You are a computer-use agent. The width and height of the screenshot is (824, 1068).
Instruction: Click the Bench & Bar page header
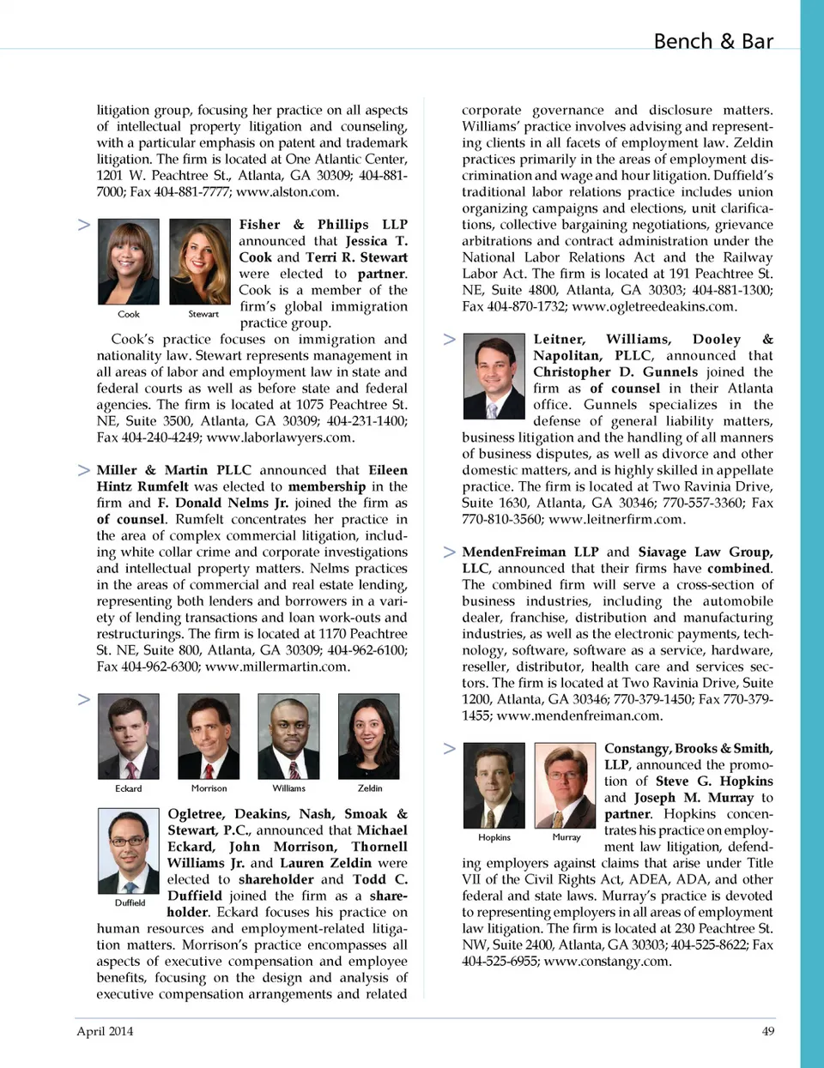712,41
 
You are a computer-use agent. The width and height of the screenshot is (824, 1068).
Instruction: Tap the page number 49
767,1031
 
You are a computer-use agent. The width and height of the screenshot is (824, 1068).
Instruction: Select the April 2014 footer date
105,1031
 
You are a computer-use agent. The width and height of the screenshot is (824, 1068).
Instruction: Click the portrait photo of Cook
128,262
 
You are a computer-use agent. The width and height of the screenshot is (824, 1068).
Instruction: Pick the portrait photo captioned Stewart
200,262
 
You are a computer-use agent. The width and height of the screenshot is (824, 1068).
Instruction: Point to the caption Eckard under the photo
128,788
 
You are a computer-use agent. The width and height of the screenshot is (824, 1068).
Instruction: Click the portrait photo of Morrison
209,736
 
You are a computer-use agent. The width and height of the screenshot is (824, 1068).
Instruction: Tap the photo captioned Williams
288,736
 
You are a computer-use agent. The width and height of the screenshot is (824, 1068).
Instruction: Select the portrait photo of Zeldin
369,736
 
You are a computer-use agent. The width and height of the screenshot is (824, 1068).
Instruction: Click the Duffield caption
130,902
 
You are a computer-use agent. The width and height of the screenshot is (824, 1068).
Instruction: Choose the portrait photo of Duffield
128,850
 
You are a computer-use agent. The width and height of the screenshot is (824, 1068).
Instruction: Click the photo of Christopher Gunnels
494,377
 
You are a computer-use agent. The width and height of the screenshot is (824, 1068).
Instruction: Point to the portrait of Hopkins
494,785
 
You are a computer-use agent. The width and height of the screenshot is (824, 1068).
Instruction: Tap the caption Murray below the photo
566,837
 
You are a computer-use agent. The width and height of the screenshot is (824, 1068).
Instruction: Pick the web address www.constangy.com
607,961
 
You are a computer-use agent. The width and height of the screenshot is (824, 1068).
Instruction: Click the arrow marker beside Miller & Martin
84,470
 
